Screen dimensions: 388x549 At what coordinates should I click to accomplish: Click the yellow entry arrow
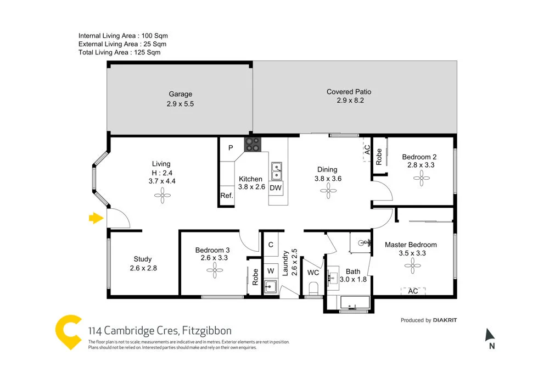tap(96, 219)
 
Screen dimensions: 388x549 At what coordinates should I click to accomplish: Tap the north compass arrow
tap(491, 335)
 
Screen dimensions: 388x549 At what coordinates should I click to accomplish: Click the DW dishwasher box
tap(276, 188)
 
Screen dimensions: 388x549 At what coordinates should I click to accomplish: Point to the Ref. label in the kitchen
tap(226, 196)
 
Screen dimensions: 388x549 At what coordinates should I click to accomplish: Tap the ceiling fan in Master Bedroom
tap(411, 267)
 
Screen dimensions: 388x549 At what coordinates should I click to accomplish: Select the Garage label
tap(180, 94)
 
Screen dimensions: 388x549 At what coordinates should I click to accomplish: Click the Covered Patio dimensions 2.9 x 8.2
tap(350, 101)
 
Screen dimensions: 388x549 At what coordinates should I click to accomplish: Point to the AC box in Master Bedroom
tap(413, 291)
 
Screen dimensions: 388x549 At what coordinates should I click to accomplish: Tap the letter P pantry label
tap(231, 148)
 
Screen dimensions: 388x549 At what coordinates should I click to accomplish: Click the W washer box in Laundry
tap(271, 270)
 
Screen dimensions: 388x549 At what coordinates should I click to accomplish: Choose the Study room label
tap(143, 259)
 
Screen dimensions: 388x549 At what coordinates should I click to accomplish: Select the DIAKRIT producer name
tap(445, 320)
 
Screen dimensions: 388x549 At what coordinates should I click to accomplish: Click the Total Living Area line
tap(119, 52)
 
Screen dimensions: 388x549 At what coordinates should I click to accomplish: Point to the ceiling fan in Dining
tap(327, 190)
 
